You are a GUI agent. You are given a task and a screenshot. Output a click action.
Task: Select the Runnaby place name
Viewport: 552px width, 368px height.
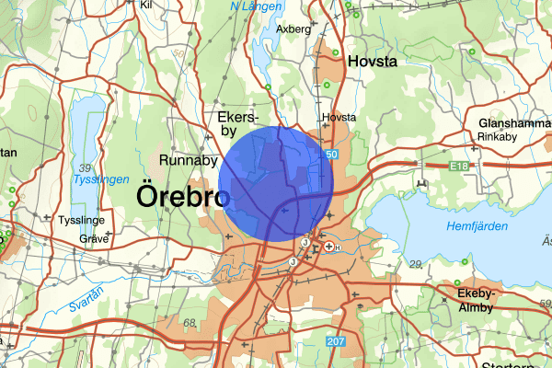[x=188, y=160]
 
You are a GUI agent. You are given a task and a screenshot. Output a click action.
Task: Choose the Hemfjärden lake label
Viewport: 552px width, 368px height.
[x=476, y=226]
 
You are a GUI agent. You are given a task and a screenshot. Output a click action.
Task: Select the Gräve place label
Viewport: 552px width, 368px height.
[x=95, y=237]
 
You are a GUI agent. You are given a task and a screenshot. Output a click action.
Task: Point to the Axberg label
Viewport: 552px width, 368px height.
[x=293, y=29]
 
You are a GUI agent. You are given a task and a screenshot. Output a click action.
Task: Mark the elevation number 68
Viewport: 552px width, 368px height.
[x=190, y=323]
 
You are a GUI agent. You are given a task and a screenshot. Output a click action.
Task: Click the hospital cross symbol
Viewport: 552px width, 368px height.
[x=328, y=247]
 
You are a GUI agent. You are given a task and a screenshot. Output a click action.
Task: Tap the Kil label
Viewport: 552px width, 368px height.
[x=145, y=5]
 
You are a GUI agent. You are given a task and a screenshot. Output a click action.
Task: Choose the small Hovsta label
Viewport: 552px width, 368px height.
[x=339, y=118]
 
